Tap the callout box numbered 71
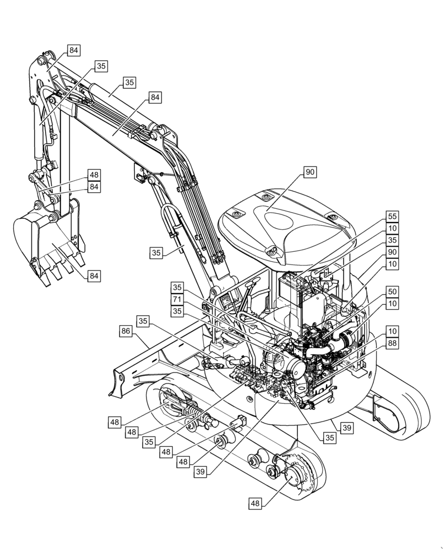[177, 299]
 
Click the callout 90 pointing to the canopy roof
[310, 172]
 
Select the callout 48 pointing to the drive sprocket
[256, 503]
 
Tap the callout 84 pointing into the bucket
[94, 275]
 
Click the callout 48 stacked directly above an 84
[94, 175]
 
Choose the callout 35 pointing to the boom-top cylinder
[129, 83]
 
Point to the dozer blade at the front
[132, 364]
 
